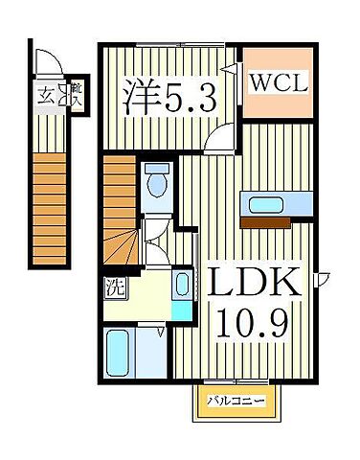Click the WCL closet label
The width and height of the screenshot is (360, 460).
tap(280, 83)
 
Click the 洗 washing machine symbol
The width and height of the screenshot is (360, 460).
tap(112, 286)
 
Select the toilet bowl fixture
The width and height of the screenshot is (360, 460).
tap(156, 179)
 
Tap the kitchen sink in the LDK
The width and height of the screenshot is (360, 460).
tap(273, 203)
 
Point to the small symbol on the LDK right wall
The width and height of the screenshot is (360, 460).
tap(325, 279)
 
